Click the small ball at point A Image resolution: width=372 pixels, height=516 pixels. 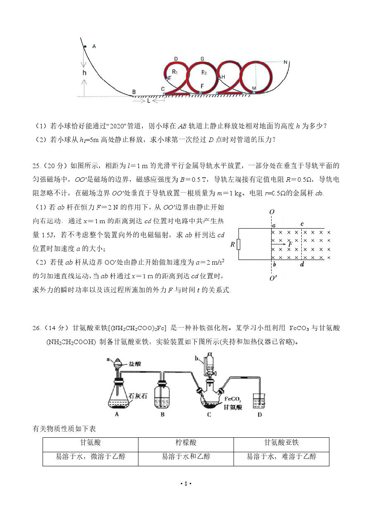pyautogui.click(x=84, y=46)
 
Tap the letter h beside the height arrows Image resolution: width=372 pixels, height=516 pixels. pyautogui.click(x=84, y=73)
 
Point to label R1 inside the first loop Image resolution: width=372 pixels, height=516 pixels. pyautogui.click(x=175, y=72)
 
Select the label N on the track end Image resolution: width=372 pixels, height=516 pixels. pyautogui.click(x=285, y=62)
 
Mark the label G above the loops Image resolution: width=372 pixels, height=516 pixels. pyautogui.click(x=202, y=59)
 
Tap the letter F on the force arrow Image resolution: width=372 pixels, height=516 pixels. pyautogui.click(x=291, y=244)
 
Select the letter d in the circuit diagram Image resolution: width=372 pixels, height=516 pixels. pyautogui.click(x=302, y=264)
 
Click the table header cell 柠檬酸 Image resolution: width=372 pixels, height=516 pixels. pyautogui.click(x=186, y=443)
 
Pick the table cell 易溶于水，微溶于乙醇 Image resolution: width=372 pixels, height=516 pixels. pyautogui.click(x=91, y=457)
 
